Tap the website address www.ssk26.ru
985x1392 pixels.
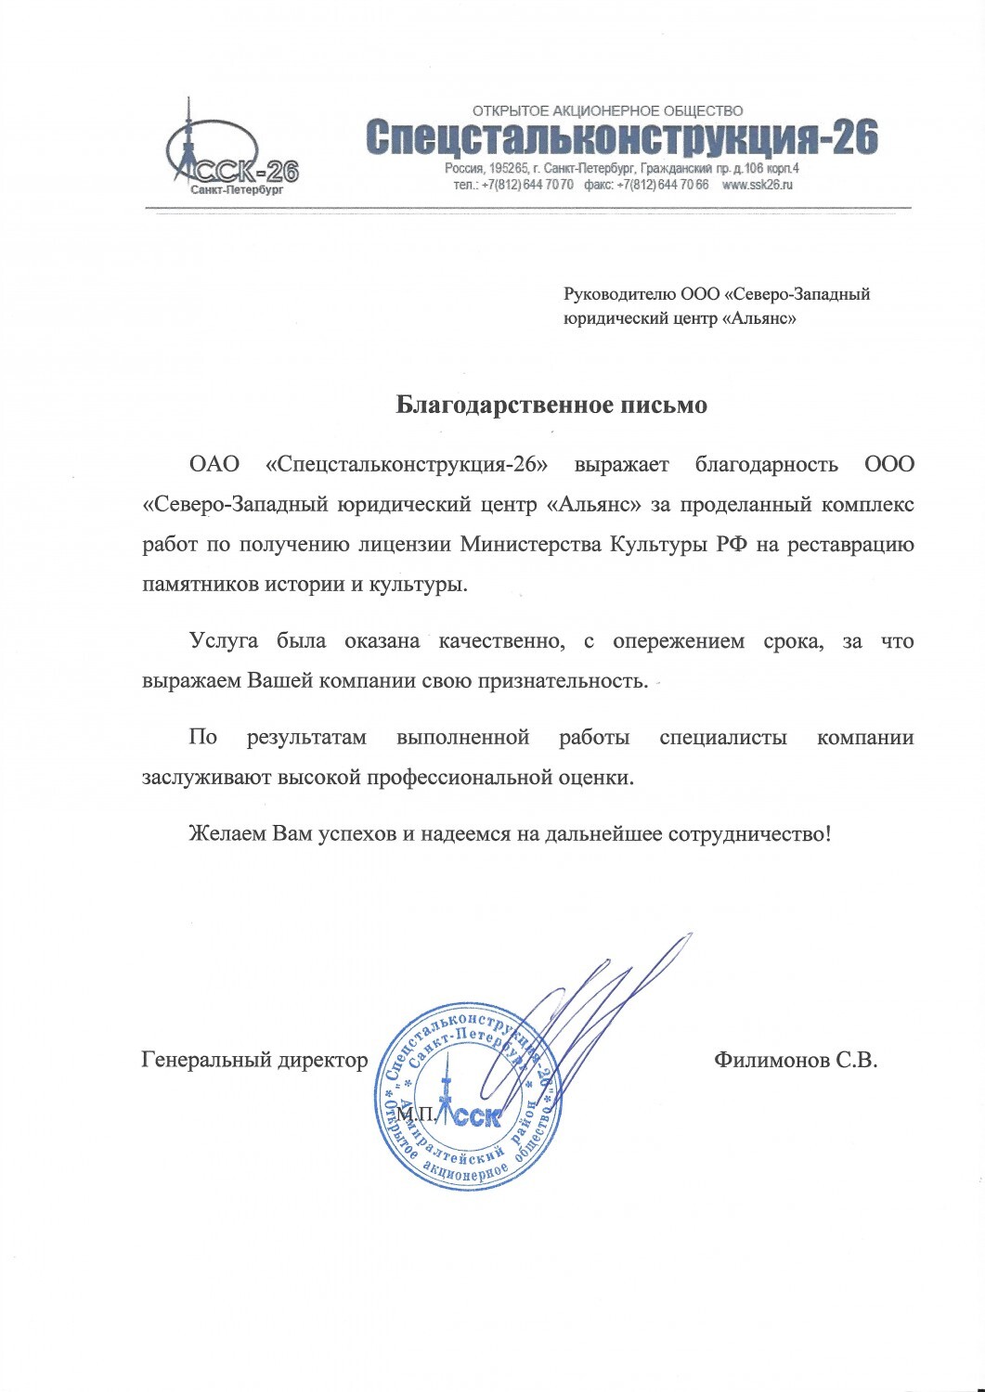click(x=758, y=185)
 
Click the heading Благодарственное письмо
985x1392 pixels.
click(x=551, y=405)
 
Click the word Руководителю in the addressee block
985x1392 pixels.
click(x=620, y=295)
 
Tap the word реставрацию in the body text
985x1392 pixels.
click(x=851, y=544)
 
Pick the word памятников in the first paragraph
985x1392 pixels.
click(x=192, y=585)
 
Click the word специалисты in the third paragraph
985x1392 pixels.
click(x=723, y=738)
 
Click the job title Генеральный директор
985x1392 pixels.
click(x=254, y=1060)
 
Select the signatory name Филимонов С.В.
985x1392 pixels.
click(x=796, y=1060)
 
